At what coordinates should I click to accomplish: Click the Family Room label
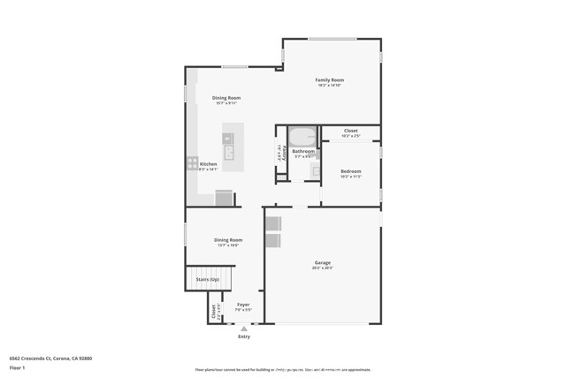pos(329,80)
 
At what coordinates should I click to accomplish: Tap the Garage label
pos(323,262)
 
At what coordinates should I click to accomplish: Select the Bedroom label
pos(350,171)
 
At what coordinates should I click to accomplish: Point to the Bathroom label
pos(303,151)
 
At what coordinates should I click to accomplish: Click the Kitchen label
pos(208,164)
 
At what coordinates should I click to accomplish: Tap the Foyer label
pos(243,305)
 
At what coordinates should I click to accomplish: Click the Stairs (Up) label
pos(208,280)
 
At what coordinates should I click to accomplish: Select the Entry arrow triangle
pos(244,328)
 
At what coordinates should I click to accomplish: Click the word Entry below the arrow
pos(244,336)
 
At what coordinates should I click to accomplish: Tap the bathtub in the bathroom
pos(303,137)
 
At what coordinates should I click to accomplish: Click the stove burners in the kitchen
pos(192,163)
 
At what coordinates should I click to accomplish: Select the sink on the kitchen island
pos(228,153)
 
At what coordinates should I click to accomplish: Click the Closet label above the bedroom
pos(351,131)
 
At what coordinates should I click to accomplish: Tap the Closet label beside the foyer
pos(214,312)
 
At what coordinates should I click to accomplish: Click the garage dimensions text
pos(323,268)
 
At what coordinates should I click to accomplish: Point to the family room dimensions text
pos(329,86)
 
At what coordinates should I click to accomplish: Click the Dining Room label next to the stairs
pos(227,240)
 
